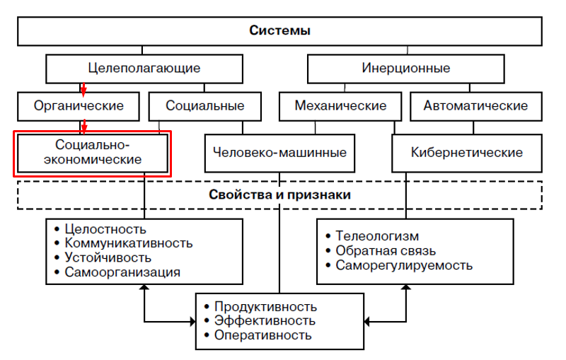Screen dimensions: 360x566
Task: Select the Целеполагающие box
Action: coord(144,69)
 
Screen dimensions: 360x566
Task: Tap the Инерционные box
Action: coord(406,69)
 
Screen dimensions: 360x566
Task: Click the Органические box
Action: coord(79,106)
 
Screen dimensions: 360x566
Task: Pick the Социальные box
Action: coord(205,106)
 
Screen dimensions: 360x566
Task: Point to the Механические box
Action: coord(341,106)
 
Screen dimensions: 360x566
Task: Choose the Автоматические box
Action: coord(475,106)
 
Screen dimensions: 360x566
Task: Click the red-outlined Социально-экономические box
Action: coord(93,152)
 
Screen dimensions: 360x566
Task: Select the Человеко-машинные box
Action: coord(279,152)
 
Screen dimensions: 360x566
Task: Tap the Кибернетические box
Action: coord(467,152)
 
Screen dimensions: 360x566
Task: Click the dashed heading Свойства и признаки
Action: coord(280,194)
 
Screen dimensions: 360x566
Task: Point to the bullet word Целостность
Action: coord(105,229)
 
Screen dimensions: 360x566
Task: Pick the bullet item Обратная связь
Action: coord(386,251)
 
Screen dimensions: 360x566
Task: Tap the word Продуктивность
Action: coord(265,307)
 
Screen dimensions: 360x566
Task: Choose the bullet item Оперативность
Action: coord(262,335)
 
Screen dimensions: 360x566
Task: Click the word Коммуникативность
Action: coord(128,243)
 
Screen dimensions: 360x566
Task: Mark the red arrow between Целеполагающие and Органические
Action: coord(83,88)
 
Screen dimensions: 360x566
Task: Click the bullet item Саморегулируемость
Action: coord(404,265)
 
